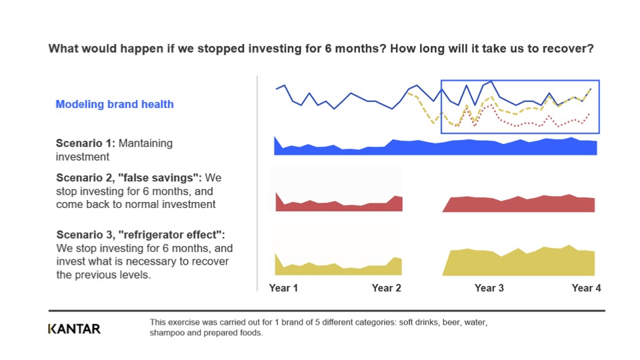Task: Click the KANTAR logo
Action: tap(74, 329)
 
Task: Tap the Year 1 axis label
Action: tap(283, 288)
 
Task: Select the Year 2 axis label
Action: tap(386, 288)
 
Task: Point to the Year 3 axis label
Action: tap(489, 288)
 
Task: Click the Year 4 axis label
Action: tap(586, 288)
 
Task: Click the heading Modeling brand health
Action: tap(115, 104)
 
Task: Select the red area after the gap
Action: tap(519, 204)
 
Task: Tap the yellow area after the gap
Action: tap(519, 262)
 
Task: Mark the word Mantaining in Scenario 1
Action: tap(145, 143)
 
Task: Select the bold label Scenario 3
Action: tap(86, 235)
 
